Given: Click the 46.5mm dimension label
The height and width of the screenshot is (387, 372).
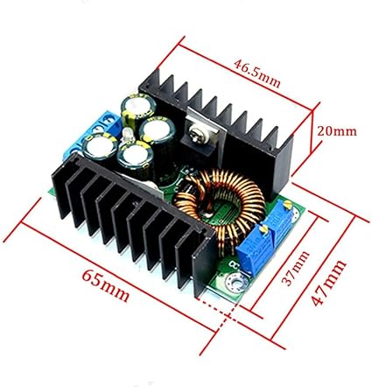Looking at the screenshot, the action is [x=256, y=74].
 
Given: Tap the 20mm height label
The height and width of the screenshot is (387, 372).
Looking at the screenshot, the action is [x=337, y=131].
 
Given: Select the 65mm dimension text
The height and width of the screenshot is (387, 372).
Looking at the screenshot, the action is [x=105, y=285].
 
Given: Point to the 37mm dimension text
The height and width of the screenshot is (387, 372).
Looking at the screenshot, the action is [x=295, y=268].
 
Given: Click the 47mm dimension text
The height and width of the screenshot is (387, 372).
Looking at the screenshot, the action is [x=327, y=283].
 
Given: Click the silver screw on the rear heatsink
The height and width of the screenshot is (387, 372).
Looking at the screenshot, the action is [x=195, y=135].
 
